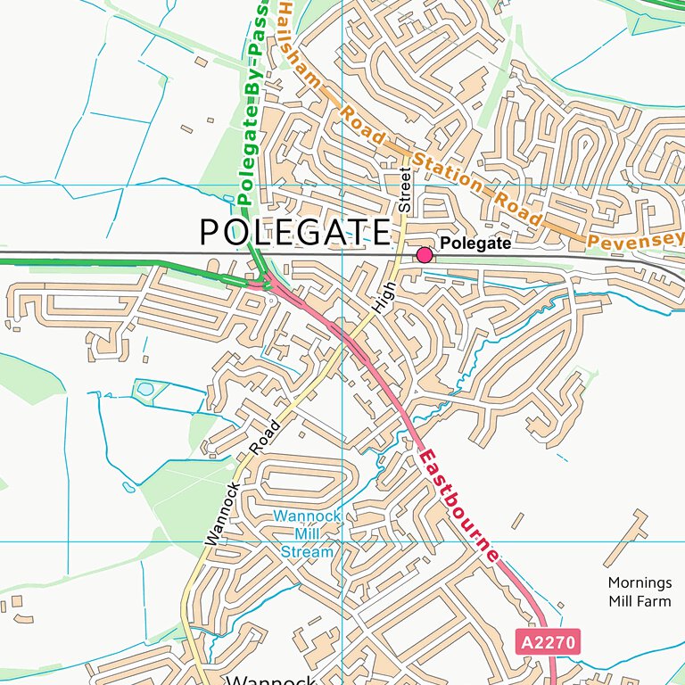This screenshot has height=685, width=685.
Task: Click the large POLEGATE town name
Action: [294, 233]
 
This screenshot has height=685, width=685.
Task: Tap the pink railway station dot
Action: [424, 255]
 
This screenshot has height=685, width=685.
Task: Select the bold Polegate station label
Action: [476, 243]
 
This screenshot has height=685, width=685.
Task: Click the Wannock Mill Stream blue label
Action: [307, 533]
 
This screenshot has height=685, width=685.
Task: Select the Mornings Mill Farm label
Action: [640, 591]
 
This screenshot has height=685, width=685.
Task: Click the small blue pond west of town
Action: [144, 389]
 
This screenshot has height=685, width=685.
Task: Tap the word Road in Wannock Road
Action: [266, 436]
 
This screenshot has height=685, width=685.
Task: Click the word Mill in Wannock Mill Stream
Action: [307, 533]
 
